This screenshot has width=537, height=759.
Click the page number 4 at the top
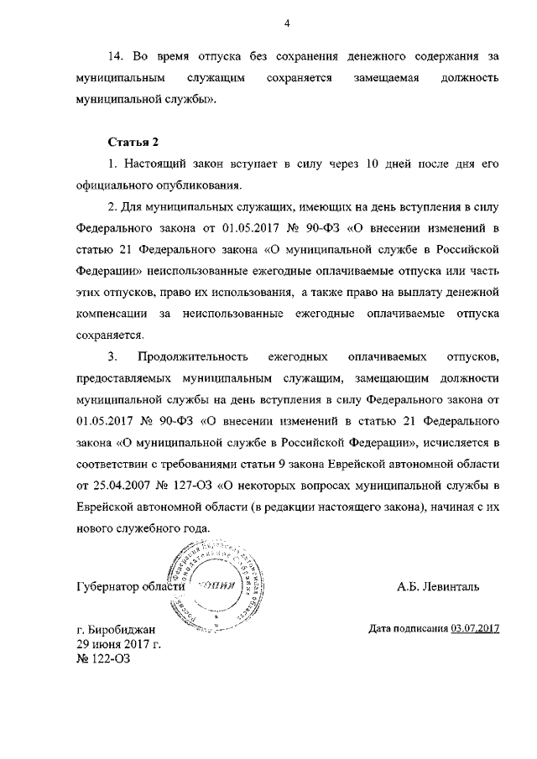[287, 23]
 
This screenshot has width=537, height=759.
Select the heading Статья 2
[133, 140]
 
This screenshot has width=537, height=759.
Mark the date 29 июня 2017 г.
[118, 643]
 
